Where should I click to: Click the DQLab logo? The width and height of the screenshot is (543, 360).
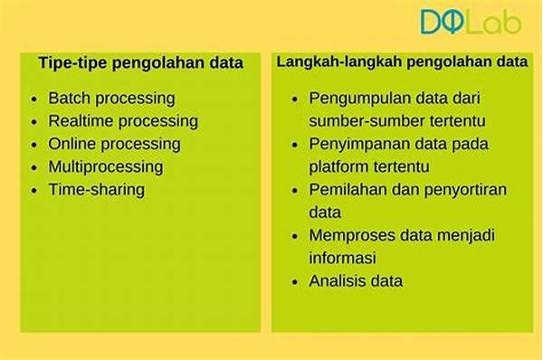(471, 22)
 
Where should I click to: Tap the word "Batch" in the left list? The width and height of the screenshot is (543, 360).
(70, 98)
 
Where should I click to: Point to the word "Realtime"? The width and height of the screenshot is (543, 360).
(81, 121)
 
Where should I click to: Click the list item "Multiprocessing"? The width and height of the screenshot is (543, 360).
(106, 166)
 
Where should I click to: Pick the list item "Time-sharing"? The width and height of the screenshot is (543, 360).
(97, 189)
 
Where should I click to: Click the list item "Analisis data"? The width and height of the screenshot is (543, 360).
(357, 281)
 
